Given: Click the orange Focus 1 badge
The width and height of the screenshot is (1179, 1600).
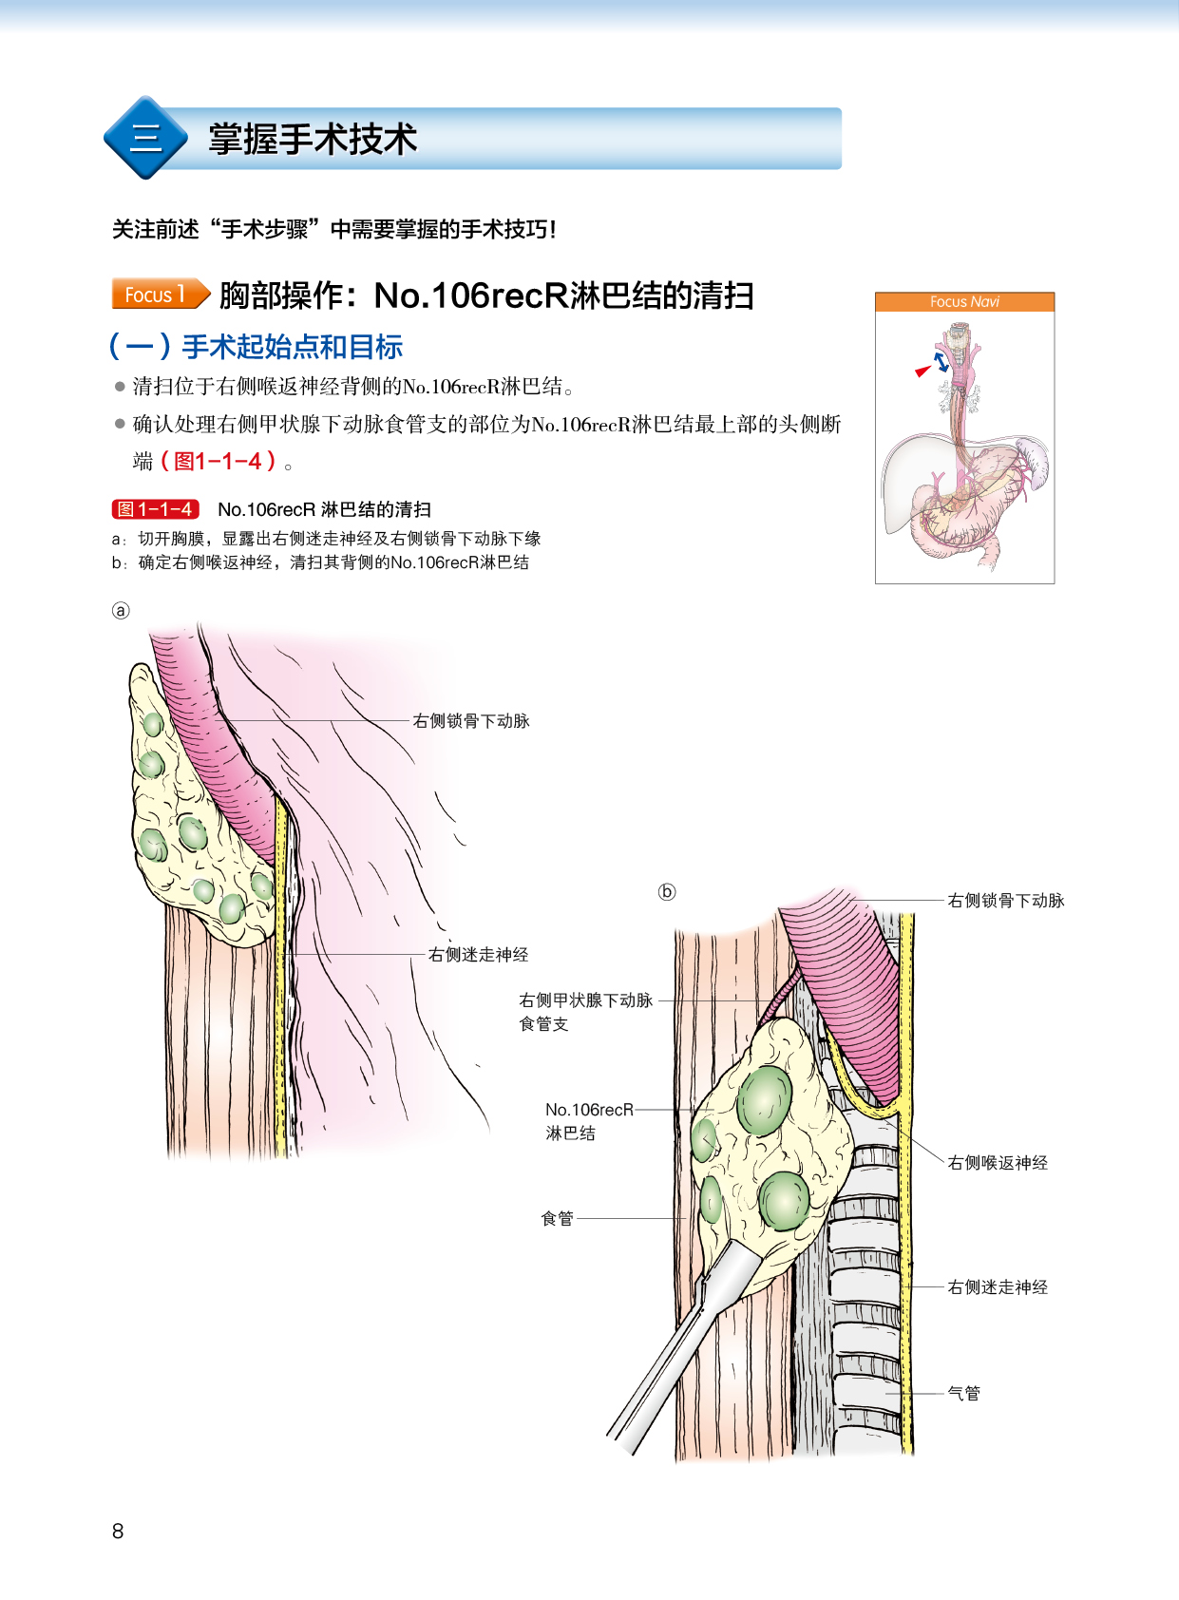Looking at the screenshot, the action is (159, 295).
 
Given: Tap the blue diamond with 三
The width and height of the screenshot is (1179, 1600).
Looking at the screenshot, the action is (145, 138).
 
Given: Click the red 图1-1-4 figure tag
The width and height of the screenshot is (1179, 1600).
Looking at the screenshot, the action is (156, 509).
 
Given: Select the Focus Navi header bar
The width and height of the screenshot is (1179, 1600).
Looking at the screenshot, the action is (964, 302).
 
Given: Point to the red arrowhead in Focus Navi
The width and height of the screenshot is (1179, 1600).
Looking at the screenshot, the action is (922, 371).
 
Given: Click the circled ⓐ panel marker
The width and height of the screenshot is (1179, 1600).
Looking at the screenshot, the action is (121, 611).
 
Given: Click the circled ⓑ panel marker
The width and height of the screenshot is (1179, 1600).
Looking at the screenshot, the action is (667, 891).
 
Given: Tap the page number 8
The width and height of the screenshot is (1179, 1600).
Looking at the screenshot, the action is (118, 1531).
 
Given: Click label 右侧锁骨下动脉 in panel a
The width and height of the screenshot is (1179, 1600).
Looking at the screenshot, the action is (471, 721).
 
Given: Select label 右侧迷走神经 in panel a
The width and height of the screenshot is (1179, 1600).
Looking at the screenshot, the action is (478, 955).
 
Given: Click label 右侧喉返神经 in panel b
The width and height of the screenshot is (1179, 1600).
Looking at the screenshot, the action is (998, 1163).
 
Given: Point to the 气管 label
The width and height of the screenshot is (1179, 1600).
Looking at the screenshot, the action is (963, 1394).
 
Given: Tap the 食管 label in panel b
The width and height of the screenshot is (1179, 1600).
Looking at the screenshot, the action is (558, 1219).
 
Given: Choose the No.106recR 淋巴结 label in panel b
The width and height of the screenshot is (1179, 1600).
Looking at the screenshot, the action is (588, 1121).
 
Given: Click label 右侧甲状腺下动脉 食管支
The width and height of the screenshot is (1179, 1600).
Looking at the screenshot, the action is (585, 1011).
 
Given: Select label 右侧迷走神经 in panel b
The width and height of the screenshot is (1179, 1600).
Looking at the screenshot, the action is (998, 1287).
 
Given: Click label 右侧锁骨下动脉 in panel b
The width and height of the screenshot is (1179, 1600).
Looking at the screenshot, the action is (1006, 901).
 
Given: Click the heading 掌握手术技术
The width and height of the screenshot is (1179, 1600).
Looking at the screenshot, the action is (313, 140).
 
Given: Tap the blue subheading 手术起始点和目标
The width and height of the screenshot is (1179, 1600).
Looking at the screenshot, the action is (292, 347).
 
